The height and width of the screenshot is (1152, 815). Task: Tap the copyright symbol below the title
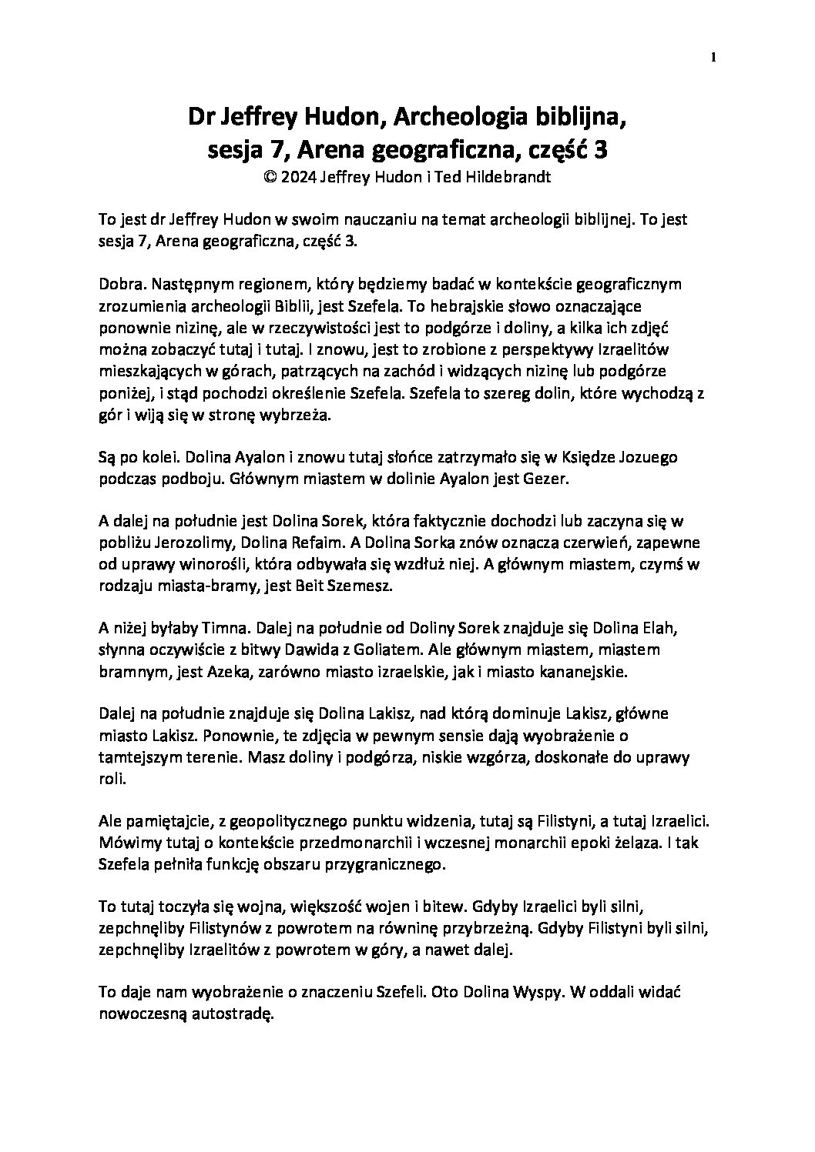[269, 176]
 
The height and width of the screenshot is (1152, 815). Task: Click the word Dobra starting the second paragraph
[119, 285]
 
